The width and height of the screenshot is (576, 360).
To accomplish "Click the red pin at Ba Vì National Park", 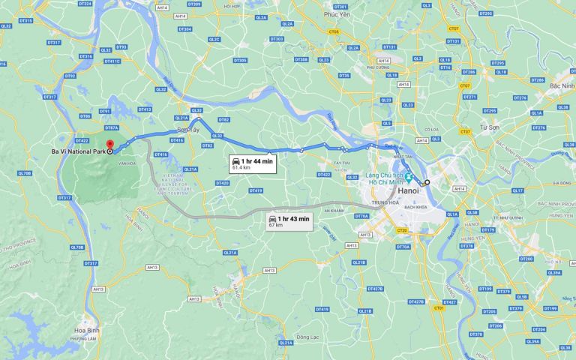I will (109, 145).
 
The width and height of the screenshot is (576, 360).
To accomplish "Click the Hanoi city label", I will (408, 191).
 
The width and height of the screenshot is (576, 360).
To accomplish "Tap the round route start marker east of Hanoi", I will (427, 182).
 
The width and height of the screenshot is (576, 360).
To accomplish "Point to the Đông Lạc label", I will (307, 337).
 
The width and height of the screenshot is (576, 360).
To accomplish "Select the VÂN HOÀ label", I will (126, 163).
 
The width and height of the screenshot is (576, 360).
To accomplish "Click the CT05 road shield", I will (334, 32).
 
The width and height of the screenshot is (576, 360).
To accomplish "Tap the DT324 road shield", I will (85, 4).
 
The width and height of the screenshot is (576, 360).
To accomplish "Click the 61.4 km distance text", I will (241, 168).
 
